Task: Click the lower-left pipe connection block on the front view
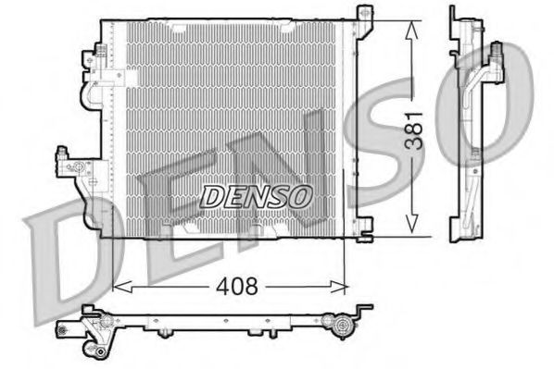coord(76,166)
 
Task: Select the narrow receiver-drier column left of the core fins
coord(116,120)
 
